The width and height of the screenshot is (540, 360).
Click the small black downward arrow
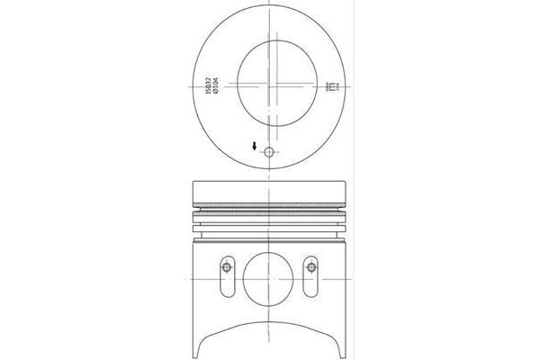255,147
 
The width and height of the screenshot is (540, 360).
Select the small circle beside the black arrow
268,152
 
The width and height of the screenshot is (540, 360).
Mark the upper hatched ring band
269,206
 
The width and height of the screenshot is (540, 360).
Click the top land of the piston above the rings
269,190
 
